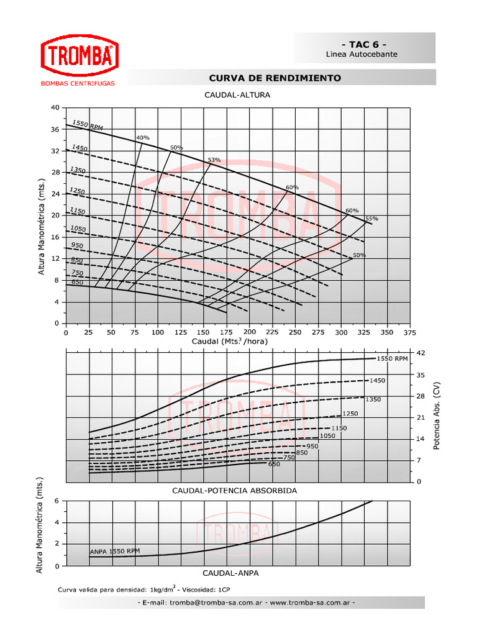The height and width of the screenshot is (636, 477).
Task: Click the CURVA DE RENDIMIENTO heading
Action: (275, 78)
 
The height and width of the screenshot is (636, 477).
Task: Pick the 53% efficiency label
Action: (214, 160)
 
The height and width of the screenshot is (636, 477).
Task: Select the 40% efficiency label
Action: (143, 137)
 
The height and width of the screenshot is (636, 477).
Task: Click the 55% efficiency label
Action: (371, 219)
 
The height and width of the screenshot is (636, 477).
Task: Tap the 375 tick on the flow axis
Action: (409, 332)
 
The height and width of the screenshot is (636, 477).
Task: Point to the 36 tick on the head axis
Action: (55, 129)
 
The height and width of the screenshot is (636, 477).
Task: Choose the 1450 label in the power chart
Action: (378, 380)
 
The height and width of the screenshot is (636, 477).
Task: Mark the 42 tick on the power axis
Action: (421, 353)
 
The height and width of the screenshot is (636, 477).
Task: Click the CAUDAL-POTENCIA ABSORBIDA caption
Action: (234, 491)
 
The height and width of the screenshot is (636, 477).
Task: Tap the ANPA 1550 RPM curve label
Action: (115, 551)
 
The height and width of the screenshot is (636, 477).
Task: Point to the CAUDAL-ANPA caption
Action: (230, 573)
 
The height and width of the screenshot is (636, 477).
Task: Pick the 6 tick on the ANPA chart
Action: (57, 501)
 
